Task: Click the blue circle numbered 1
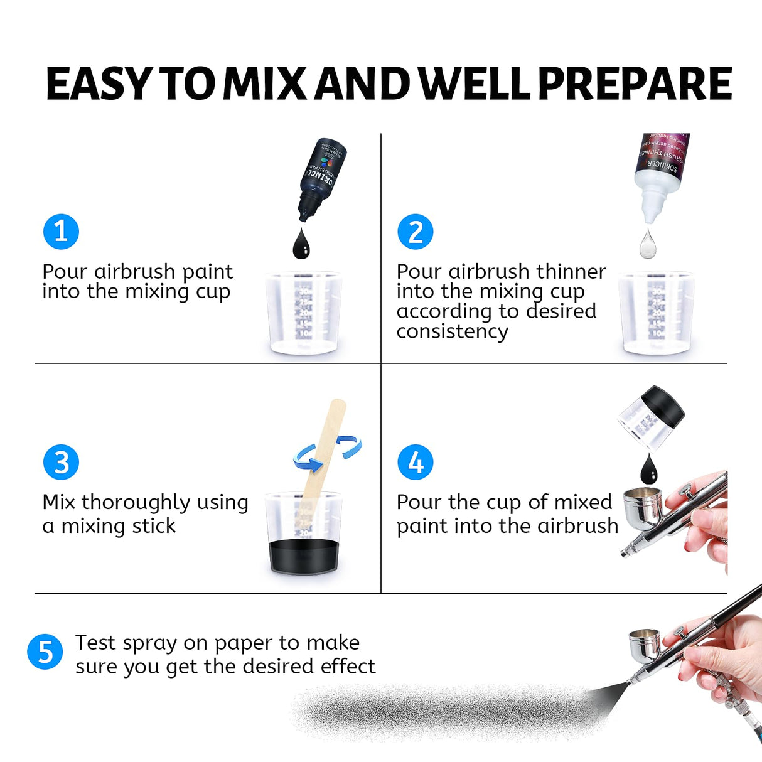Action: (x=61, y=232)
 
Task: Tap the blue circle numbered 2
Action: (x=416, y=232)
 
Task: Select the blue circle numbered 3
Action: (x=61, y=463)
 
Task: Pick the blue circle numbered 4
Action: (x=416, y=463)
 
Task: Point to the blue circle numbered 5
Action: (x=45, y=652)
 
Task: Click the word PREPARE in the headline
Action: (x=635, y=84)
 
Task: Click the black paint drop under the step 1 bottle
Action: (x=301, y=245)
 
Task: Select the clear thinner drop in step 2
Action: (x=648, y=244)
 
